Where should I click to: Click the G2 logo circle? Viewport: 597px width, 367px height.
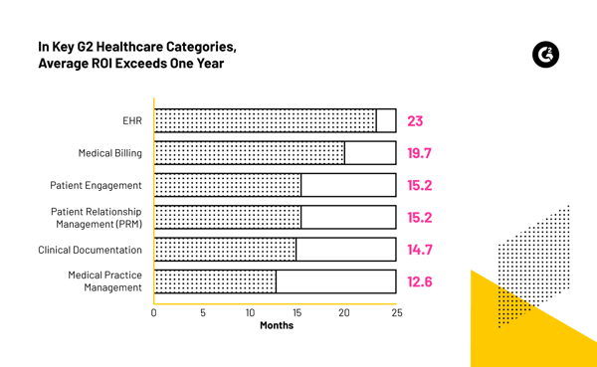[545, 55]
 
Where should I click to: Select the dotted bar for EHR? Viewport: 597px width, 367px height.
[266, 121]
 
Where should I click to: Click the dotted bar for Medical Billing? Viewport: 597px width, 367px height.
[250, 153]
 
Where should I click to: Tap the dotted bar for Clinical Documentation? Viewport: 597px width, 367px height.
[226, 250]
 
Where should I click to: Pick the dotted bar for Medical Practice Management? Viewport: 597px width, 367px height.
[216, 281]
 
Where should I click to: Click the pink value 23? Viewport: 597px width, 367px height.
[415, 121]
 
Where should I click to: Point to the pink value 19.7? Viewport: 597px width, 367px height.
[419, 153]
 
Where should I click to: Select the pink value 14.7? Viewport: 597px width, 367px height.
[419, 250]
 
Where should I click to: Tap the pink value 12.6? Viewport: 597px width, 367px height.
[419, 281]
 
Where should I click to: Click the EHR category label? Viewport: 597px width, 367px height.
[131, 121]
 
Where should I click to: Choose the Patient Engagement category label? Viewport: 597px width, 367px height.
[96, 185]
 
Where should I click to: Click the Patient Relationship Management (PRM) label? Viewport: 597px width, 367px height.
[96, 218]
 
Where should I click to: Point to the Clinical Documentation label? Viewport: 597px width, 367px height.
[90, 250]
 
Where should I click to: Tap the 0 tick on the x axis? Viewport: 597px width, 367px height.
[154, 312]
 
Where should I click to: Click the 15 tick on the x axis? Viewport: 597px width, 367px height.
[297, 312]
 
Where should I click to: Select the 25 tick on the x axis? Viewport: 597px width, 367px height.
[396, 312]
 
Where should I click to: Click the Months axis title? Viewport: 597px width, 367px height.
[277, 326]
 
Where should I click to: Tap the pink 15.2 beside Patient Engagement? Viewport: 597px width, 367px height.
[419, 185]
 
